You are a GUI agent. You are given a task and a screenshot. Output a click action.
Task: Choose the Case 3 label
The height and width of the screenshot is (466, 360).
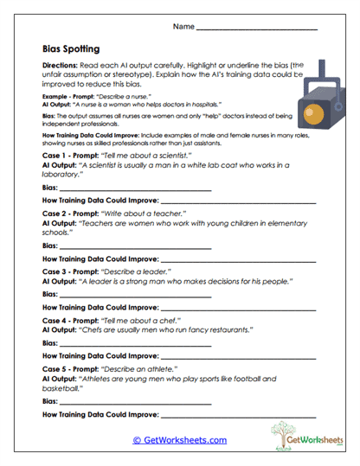(56, 271)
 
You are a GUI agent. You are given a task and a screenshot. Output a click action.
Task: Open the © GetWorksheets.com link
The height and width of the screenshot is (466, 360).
(179, 440)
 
